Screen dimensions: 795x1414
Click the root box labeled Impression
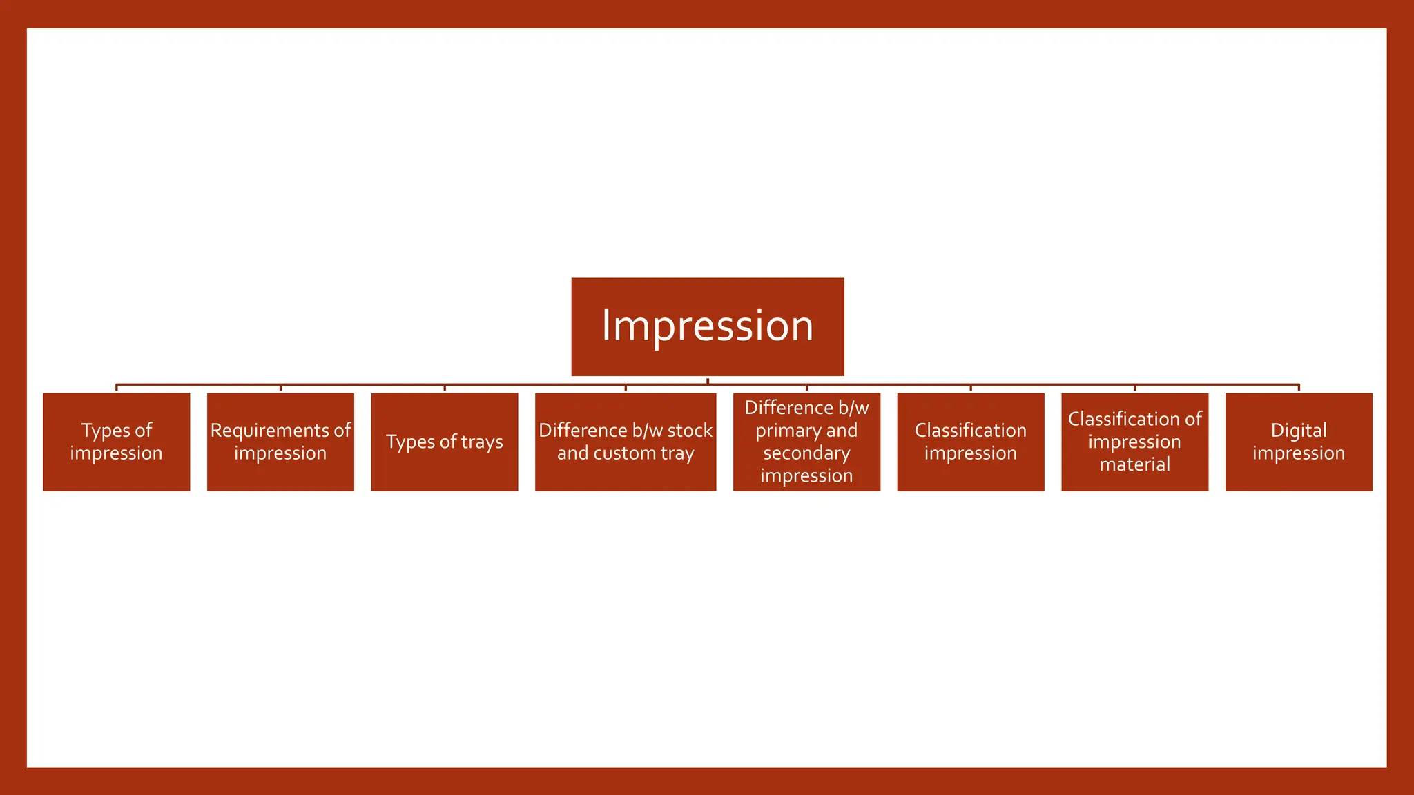707,326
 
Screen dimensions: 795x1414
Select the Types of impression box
116,442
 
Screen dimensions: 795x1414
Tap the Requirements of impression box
280,442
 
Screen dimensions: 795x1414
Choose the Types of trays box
444,442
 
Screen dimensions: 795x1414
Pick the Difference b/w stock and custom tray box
625,442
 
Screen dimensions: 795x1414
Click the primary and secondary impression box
806,442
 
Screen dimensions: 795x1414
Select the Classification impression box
970,442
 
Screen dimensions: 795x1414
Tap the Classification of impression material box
1134,442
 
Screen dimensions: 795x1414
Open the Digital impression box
1298,442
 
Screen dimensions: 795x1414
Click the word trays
482,442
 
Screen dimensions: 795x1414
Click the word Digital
1298,431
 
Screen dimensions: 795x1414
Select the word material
1134,464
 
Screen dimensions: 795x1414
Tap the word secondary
806,453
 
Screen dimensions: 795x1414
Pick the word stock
690,431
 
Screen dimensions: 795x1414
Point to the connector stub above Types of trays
445,388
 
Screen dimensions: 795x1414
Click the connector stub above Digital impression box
1299,388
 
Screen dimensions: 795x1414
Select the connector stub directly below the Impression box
708,380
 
